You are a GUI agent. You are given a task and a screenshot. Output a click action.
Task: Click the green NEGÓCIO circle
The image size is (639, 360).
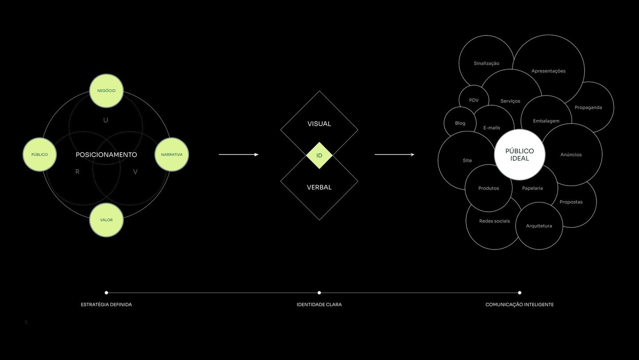106,91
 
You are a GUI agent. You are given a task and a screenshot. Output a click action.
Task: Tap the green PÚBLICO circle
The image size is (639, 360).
39,154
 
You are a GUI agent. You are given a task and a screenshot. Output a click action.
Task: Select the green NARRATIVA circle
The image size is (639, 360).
172,154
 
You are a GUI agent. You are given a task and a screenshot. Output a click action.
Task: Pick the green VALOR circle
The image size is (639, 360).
106,220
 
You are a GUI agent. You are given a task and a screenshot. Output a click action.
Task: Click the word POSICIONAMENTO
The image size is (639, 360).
106,155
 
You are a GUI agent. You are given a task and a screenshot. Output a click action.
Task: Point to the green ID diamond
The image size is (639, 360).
319,156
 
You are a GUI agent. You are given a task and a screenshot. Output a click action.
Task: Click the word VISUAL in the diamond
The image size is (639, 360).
319,124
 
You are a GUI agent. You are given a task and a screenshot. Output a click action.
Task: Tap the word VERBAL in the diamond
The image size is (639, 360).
319,187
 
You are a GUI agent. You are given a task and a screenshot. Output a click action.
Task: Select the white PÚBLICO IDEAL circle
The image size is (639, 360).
520,154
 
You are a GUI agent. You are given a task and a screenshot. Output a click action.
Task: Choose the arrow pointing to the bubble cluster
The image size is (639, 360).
394,154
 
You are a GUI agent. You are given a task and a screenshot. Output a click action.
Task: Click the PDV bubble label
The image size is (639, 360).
474,100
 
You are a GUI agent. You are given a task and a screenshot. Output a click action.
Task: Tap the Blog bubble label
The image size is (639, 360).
460,123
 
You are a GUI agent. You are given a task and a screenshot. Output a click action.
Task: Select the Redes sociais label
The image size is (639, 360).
494,221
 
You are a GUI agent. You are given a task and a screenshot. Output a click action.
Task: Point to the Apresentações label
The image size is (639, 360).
548,71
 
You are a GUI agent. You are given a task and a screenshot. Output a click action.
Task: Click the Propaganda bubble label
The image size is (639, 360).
588,107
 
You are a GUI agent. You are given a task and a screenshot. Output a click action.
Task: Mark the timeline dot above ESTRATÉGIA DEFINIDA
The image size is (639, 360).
106,293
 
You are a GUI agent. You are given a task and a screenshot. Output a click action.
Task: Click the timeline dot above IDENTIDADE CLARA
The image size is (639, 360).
319,293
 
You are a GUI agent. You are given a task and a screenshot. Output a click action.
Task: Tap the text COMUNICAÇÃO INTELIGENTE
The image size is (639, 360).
520,305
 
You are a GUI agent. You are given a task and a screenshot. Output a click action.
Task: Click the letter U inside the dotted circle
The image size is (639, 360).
106,120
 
